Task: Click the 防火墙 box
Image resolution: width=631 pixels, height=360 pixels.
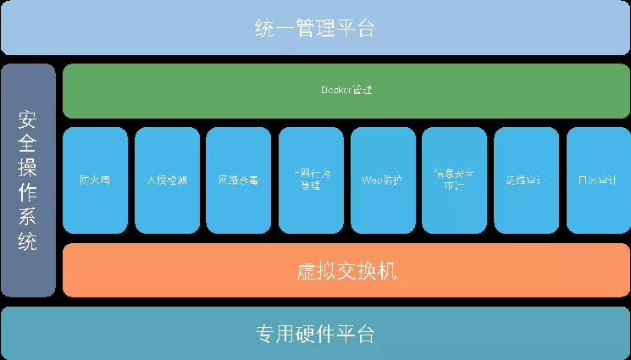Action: (x=95, y=180)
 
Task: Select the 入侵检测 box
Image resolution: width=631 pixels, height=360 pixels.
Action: (x=167, y=180)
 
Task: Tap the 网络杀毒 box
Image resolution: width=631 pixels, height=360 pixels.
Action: (x=239, y=180)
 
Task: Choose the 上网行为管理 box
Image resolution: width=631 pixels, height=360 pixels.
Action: (x=311, y=180)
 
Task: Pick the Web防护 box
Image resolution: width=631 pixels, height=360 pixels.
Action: (x=383, y=180)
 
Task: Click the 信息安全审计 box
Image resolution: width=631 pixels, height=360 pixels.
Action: (x=455, y=180)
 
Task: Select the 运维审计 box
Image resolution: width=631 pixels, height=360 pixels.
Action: (x=526, y=180)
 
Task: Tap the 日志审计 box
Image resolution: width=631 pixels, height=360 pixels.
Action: (x=598, y=180)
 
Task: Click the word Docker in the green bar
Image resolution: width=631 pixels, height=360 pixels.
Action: (x=336, y=89)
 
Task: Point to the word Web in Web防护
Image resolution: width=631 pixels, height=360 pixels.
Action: (x=371, y=180)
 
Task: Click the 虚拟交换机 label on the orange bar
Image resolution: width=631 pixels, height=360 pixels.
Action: (x=346, y=272)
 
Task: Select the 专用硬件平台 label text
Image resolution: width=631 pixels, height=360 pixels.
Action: (x=315, y=333)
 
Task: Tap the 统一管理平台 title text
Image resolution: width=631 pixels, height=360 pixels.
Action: (x=315, y=28)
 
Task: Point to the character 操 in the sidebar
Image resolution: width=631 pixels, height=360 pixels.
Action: (x=28, y=160)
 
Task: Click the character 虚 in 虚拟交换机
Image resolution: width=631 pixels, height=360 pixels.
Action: (x=306, y=272)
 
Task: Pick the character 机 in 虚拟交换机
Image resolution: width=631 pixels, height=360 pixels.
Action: (x=387, y=272)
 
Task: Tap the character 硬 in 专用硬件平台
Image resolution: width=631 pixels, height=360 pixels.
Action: (x=315, y=333)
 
